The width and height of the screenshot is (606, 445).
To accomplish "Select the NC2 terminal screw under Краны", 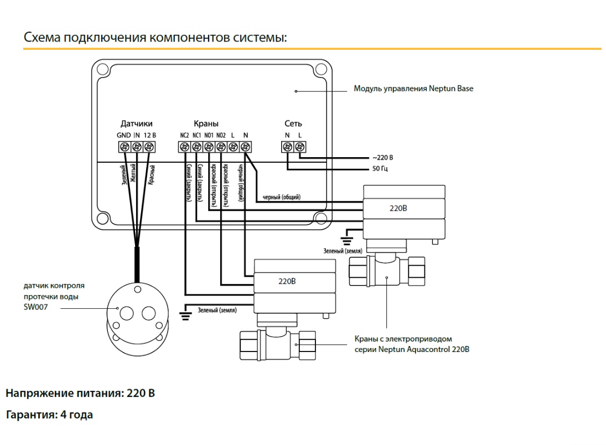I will pos(184,147).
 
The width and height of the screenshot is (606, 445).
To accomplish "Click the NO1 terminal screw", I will pos(209,147).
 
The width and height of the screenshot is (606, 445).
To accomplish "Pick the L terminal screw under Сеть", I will pos(299,147).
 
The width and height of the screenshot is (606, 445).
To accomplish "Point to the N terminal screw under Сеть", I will pos(287,147).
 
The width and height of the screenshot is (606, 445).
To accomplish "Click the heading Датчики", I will pos(136,123).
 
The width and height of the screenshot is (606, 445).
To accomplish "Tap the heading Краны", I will pos(206,123).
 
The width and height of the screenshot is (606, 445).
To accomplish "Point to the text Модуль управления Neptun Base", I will pos(413,89).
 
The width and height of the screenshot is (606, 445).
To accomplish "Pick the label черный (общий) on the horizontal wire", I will pos(282,197).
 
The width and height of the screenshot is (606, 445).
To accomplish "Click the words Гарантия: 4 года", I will pos(49,415).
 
